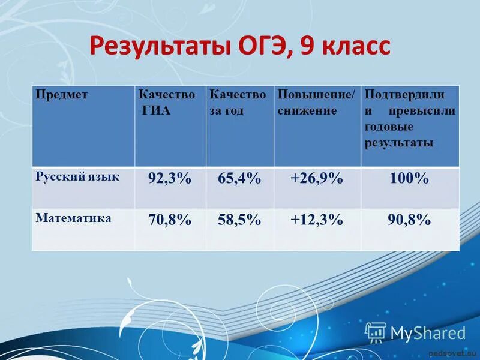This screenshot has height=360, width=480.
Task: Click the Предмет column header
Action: click(62, 95)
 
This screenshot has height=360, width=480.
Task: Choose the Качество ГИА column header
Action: click(167, 103)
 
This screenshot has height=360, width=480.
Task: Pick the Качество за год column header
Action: click(237, 103)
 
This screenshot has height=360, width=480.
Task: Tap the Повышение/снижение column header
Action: click(316, 103)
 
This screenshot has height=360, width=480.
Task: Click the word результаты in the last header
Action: click(399, 143)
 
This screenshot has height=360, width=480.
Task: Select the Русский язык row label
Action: click(77, 177)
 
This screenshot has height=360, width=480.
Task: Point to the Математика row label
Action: click(74, 218)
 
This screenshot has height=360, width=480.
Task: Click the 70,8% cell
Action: click(170, 220)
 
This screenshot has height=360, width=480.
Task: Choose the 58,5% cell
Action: click(239, 220)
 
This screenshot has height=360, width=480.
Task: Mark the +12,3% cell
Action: click(316, 220)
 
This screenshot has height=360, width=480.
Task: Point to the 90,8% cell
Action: click(409, 220)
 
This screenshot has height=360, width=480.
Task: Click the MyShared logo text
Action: click(428, 333)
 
